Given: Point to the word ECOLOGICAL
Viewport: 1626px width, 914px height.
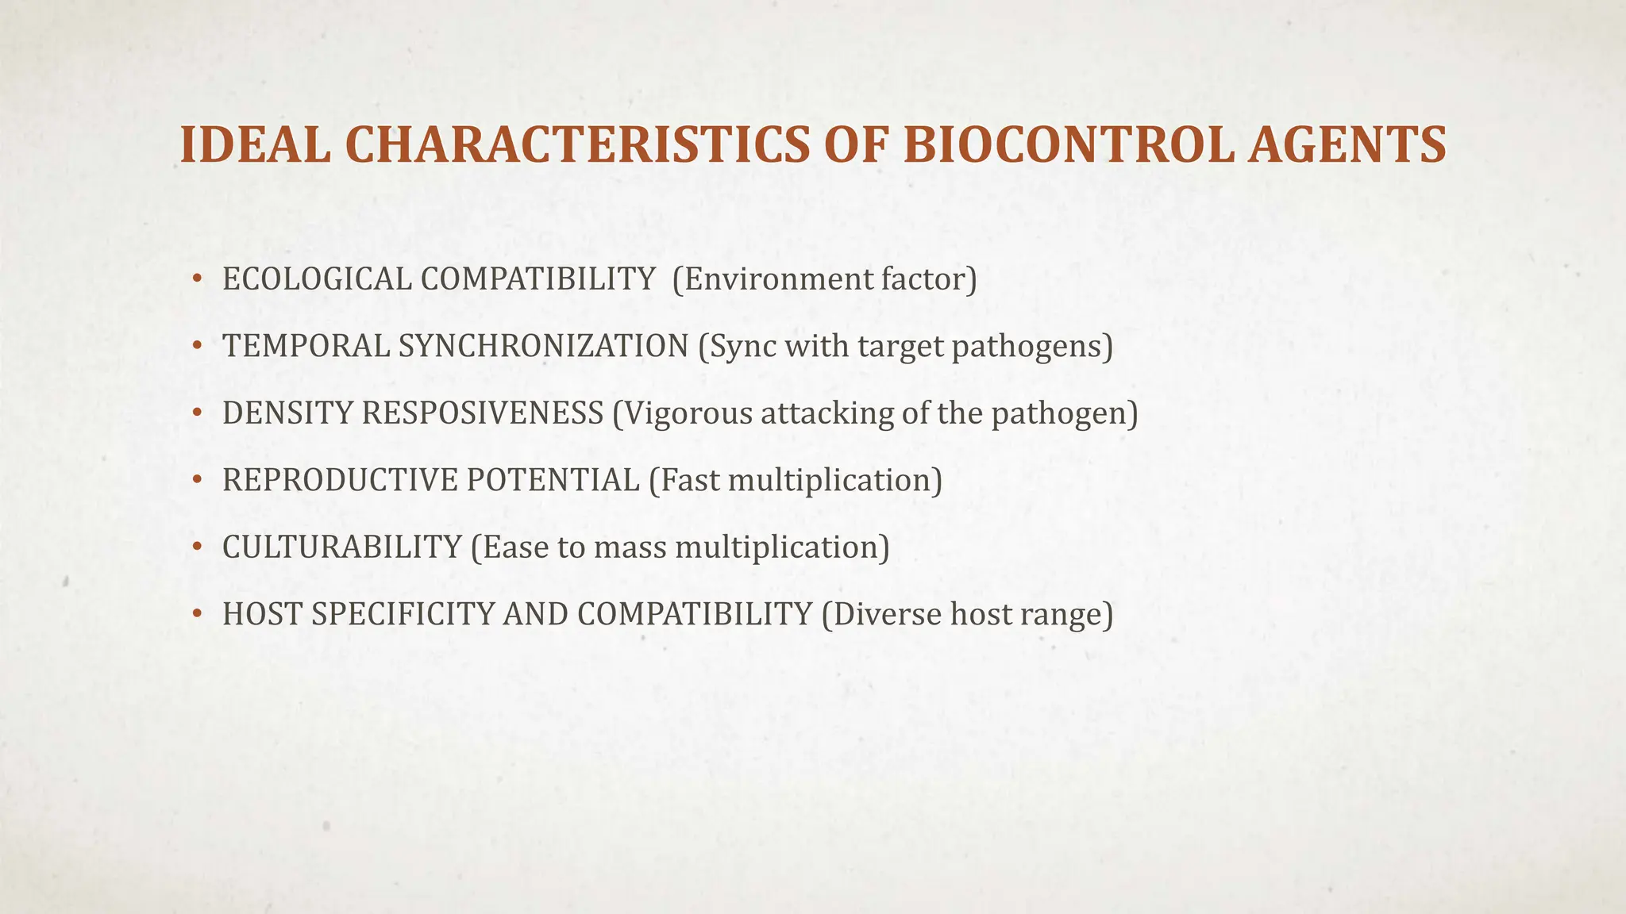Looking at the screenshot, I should [317, 279].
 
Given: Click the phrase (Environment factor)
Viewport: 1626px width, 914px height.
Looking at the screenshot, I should [825, 279].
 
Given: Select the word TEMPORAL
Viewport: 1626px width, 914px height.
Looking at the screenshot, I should [306, 347].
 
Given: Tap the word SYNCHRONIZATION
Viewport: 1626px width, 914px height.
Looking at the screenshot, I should [544, 347].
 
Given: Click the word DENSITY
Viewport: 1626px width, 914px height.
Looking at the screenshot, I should [287, 413].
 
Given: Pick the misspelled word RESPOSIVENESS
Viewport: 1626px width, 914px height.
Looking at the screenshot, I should [483, 413].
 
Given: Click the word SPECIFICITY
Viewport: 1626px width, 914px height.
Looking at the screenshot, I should [403, 615].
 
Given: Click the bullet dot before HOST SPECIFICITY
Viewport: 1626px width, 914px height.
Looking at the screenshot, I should [197, 615].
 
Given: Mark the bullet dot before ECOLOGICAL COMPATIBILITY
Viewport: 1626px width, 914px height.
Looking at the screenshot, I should [197, 279].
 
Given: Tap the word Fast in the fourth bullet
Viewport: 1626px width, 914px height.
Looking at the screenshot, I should [689, 481].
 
